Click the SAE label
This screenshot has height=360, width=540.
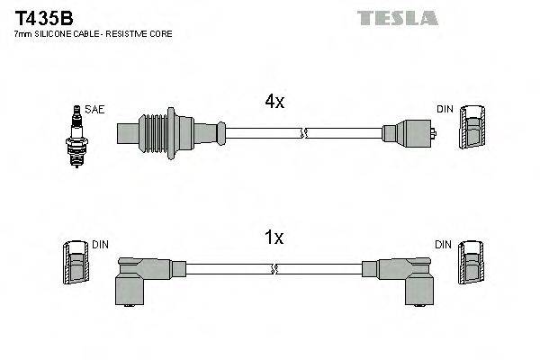point(96,109)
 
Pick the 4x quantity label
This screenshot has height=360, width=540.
point(274,103)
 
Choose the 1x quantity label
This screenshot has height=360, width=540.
point(274,238)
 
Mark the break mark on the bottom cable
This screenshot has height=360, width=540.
point(274,268)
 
